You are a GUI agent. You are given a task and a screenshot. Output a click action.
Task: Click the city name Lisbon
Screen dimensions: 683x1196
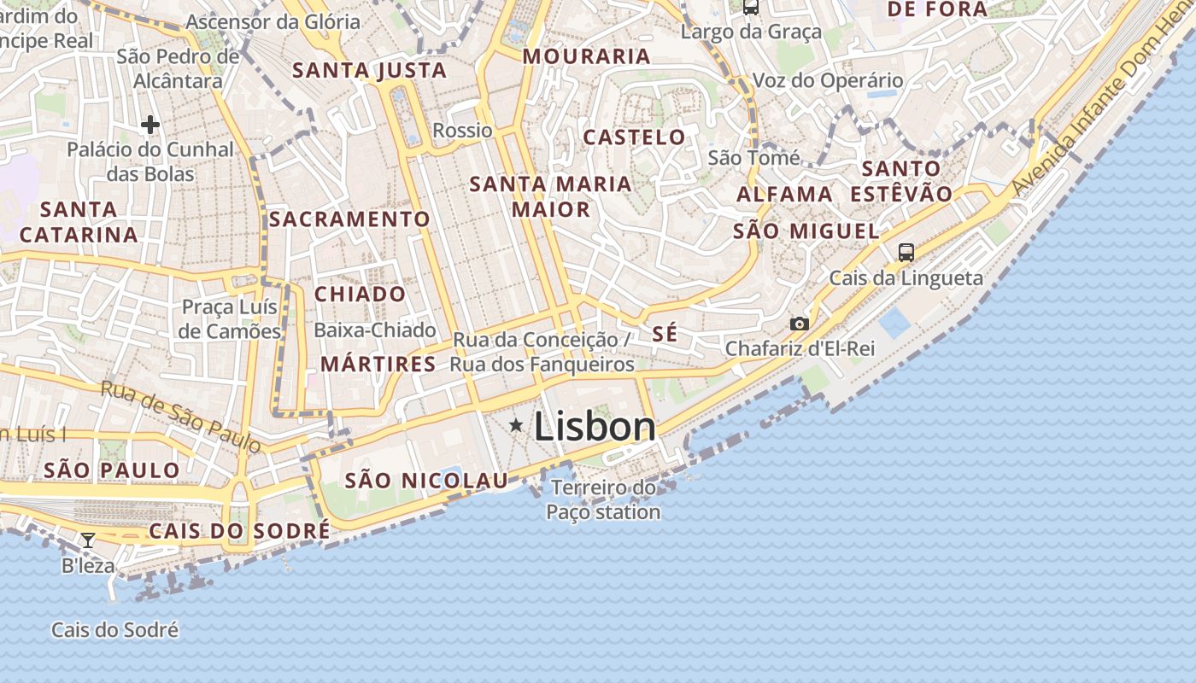click(595, 427)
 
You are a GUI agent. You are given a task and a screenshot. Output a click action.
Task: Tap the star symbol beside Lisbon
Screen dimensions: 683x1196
click(516, 425)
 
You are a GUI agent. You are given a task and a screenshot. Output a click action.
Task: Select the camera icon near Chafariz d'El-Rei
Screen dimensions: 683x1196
click(800, 324)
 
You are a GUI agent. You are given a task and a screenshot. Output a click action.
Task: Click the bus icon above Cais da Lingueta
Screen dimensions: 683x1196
click(906, 252)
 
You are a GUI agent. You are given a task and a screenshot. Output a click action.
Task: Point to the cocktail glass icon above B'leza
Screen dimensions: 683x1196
click(87, 540)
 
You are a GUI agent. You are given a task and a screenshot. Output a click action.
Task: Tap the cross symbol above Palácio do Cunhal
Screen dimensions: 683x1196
click(150, 125)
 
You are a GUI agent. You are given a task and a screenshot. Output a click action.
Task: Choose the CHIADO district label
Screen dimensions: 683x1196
click(360, 294)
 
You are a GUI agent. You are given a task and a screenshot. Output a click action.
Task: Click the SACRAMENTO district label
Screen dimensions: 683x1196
click(349, 219)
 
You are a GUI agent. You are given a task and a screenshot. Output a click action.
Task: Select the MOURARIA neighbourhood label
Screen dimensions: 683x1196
click(586, 56)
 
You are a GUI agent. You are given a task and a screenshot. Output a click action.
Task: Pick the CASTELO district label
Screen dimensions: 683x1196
click(634, 137)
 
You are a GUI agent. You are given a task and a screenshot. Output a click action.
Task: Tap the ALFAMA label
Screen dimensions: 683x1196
click(784, 194)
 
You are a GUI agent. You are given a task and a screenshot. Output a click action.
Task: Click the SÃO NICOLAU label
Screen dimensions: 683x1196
click(426, 481)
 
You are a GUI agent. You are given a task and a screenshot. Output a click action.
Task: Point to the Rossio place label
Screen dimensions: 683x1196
click(462, 131)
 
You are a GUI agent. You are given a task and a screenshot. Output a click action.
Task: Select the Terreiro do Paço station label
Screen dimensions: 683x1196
click(603, 500)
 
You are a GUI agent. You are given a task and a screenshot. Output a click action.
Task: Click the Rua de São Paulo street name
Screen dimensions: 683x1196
click(180, 417)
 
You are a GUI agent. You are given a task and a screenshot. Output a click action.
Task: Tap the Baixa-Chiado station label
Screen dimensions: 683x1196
click(375, 330)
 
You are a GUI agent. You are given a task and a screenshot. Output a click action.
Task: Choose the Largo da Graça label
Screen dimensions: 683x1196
click(751, 32)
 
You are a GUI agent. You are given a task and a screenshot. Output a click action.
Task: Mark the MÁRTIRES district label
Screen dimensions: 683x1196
click(378, 364)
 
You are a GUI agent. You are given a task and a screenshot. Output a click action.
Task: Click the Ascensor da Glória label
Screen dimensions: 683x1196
click(273, 21)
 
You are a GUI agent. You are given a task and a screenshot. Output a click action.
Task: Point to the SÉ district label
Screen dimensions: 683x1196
click(665, 334)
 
